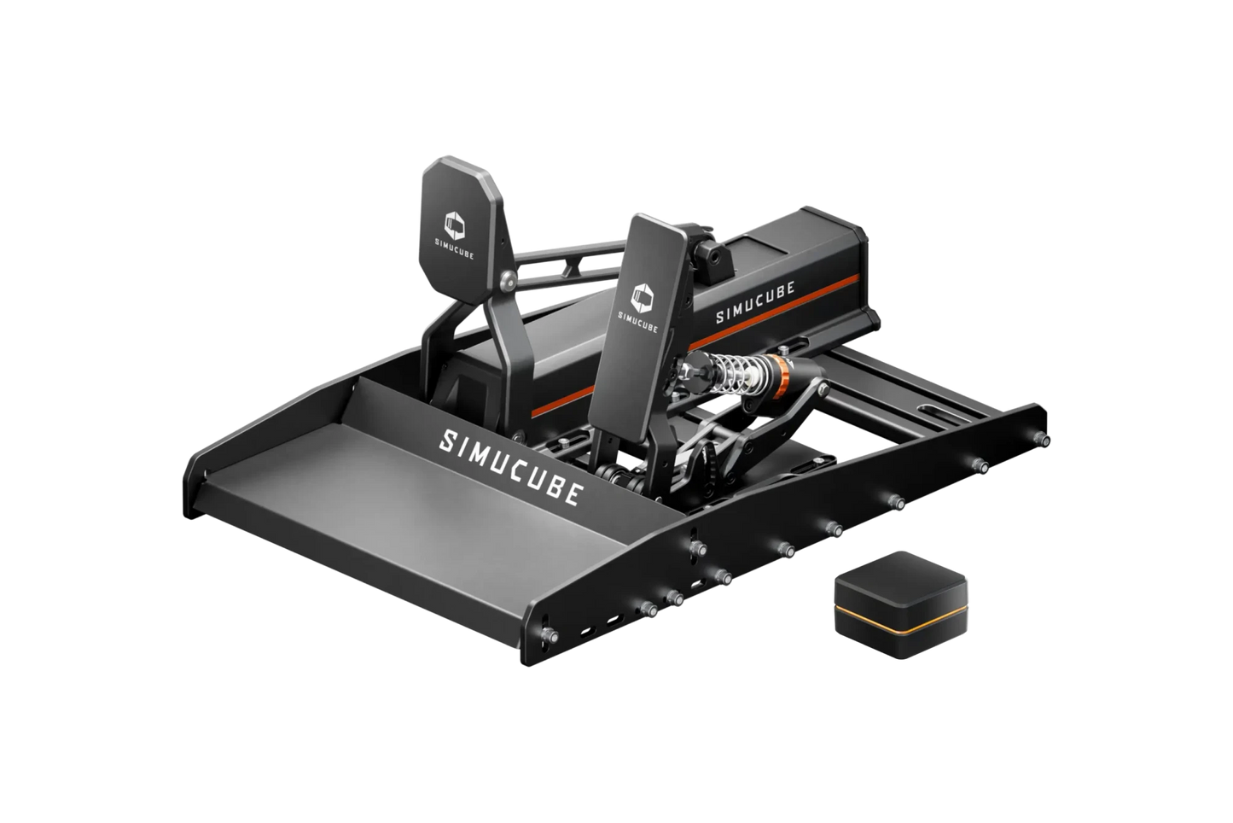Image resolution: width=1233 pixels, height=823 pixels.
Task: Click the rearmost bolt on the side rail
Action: tap(1043, 438)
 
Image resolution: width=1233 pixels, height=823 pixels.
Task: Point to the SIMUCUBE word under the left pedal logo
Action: tap(457, 252)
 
